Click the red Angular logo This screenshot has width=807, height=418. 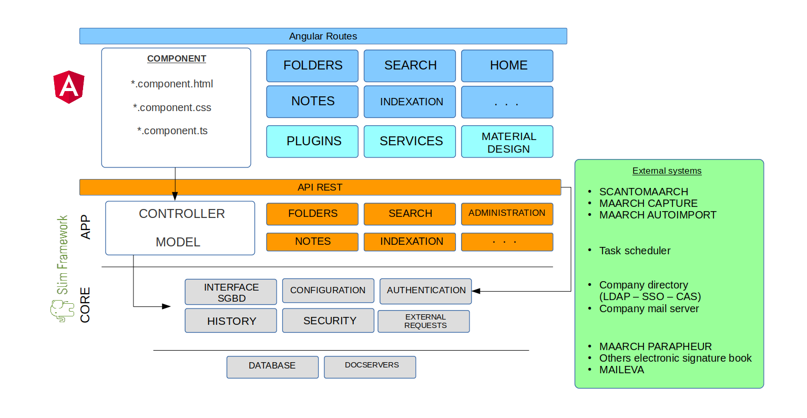point(69,87)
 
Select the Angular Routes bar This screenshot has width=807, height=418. point(323,36)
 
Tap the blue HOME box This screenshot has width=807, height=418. point(507,65)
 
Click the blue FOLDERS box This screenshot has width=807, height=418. point(312,65)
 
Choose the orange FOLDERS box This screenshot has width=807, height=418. point(312,214)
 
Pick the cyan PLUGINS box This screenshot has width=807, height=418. point(312,141)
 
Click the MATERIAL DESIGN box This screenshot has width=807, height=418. point(507,142)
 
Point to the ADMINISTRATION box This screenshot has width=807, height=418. point(507,213)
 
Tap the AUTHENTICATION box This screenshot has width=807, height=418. point(426,291)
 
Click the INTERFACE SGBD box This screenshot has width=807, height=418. point(231,292)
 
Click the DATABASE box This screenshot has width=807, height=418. point(272,366)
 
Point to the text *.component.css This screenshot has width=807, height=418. point(172,108)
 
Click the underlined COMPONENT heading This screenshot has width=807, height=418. point(177,59)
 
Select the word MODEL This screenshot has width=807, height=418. point(178,242)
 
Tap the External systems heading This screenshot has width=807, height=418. point(667,171)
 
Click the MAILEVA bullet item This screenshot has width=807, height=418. point(621,370)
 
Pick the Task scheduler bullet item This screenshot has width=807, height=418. point(635,251)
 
